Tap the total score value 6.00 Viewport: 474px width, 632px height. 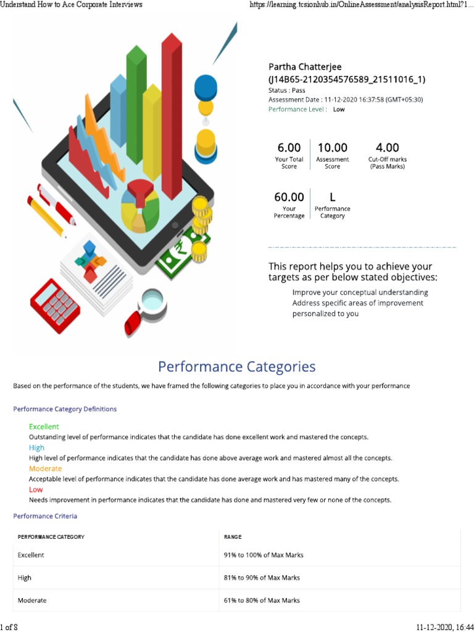pos(289,148)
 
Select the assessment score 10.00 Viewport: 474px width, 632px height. pos(332,148)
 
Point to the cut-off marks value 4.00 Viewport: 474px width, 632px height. pos(388,148)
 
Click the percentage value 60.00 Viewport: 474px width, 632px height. pos(289,197)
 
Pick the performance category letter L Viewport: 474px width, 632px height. pos(332,197)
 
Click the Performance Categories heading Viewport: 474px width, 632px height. pos(237,367)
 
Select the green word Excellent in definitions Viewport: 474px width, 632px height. pos(44,426)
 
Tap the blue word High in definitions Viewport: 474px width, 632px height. pos(36,447)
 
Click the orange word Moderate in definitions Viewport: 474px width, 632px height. pos(45,468)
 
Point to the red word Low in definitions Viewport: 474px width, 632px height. pos(36,489)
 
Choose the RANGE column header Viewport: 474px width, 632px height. pos(233,537)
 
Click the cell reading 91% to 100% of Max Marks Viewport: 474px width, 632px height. pos(264,555)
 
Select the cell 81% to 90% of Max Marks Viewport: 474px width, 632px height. pos(262,578)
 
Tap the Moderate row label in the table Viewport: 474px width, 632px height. pos(32,600)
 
